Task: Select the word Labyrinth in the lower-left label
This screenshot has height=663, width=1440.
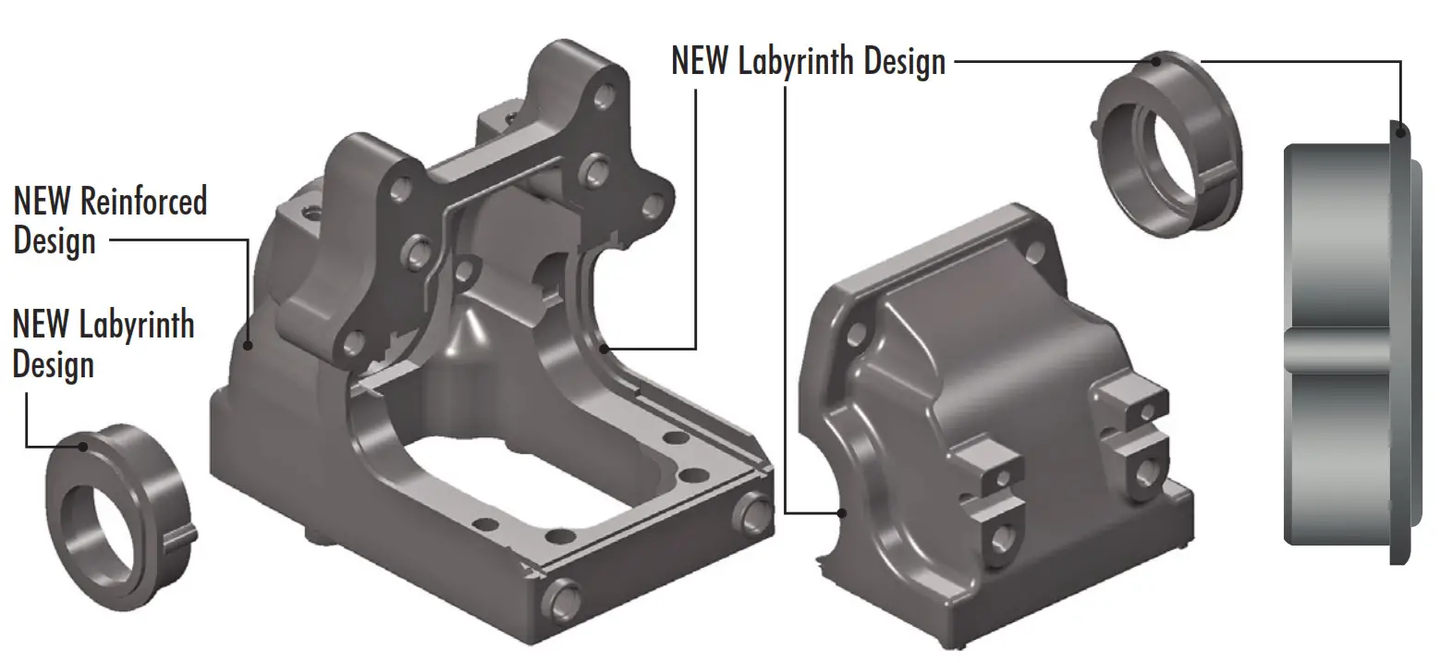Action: (136, 325)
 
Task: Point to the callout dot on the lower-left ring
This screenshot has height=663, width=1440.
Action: (82, 447)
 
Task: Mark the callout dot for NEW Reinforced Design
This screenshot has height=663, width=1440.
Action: (248, 347)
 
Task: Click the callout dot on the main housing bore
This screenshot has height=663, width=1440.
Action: (604, 349)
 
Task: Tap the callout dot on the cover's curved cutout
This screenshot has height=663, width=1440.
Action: (840, 512)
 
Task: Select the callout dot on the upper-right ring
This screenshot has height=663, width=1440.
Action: (1159, 61)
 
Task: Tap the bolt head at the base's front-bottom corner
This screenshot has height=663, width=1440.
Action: (561, 598)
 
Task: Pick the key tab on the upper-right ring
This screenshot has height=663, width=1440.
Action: (1219, 170)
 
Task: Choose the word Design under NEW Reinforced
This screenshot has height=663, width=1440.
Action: (55, 241)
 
